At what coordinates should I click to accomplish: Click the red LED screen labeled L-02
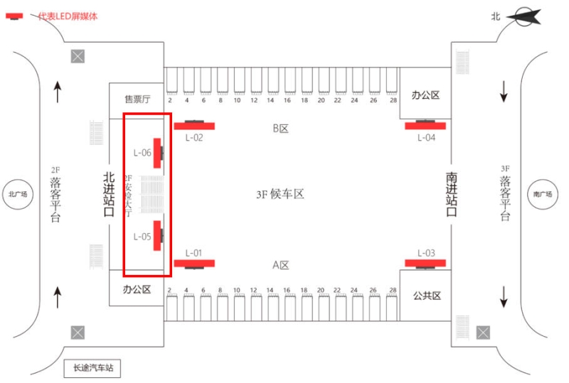(194, 126)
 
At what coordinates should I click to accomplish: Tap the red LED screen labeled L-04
(425, 126)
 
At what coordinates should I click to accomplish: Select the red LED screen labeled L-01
(194, 263)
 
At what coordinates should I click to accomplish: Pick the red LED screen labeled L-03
(425, 263)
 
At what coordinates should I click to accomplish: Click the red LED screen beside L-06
(158, 152)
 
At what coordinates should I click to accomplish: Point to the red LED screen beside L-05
(158, 235)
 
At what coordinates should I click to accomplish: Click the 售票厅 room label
(137, 99)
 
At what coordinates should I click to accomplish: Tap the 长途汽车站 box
(93, 369)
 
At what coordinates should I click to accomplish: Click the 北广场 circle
(17, 194)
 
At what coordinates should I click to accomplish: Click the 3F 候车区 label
(280, 194)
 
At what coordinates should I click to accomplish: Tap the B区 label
(280, 129)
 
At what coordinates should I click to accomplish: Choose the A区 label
(280, 265)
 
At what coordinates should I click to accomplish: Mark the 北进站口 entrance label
(109, 194)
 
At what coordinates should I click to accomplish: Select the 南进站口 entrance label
(451, 194)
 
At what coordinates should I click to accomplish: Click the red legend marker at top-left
(14, 16)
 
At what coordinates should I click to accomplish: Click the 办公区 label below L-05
(137, 290)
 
